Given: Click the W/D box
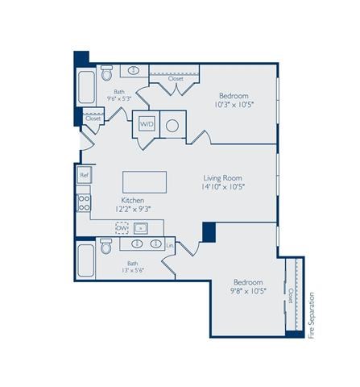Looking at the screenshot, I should (147, 124).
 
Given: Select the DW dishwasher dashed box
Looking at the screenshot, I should (122, 228).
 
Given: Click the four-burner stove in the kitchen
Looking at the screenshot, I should (84, 202).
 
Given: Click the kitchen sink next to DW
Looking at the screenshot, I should (140, 228).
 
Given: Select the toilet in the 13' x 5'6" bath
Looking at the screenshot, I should (106, 248).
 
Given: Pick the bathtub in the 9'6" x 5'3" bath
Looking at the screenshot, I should (86, 86).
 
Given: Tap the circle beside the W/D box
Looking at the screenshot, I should (172, 125).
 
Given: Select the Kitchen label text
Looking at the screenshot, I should (133, 199).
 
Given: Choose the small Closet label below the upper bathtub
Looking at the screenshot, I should (93, 118).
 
